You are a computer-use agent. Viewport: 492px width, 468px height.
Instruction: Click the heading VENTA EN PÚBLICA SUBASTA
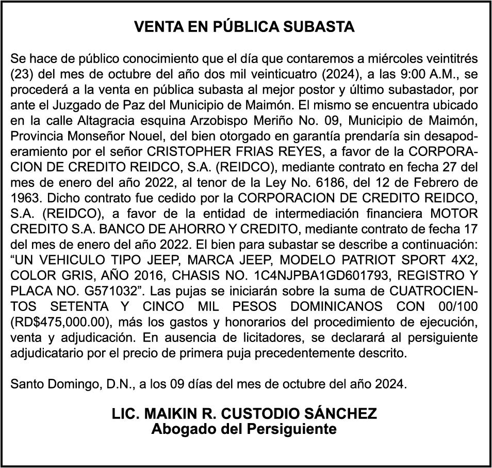tap(244, 27)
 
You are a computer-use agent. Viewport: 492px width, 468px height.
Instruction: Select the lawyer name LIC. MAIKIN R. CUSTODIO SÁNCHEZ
tap(244, 414)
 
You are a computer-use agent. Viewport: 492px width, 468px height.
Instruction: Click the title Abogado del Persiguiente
tap(244, 429)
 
